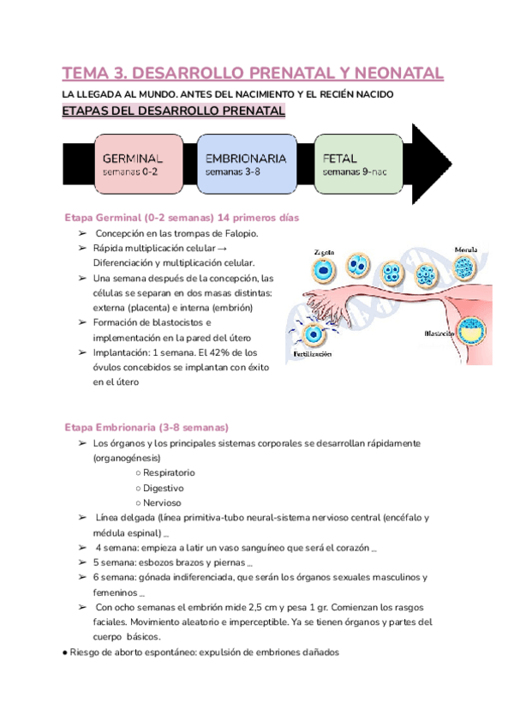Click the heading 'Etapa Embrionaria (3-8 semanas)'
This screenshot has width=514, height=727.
click(146, 427)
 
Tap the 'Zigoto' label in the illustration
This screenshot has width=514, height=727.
click(324, 252)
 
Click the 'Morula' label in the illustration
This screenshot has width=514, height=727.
click(466, 249)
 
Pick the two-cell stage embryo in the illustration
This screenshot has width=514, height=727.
click(357, 271)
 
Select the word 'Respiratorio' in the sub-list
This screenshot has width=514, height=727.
click(169, 472)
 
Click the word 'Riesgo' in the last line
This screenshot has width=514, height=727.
click(87, 652)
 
